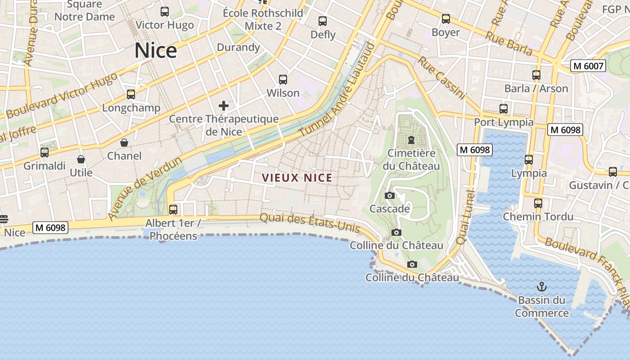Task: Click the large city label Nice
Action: [x=155, y=50]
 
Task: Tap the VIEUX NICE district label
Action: [x=297, y=178]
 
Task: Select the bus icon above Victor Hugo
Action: [x=165, y=12]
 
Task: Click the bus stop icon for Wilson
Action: [x=283, y=80]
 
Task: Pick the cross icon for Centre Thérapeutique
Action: [x=224, y=106]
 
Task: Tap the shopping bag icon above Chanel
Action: [x=124, y=143]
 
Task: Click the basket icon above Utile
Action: [x=81, y=159]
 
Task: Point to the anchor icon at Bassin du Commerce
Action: [x=542, y=286]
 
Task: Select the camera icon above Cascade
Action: [x=390, y=195]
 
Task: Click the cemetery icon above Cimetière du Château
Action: [x=411, y=140]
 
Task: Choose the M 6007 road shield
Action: [x=588, y=66]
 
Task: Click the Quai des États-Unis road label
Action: [x=310, y=222]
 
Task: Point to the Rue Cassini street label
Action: [x=441, y=77]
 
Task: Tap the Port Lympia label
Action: [x=504, y=122]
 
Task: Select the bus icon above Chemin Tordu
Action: [x=538, y=203]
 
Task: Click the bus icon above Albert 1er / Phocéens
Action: [x=173, y=210]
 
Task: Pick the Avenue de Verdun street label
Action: [x=144, y=188]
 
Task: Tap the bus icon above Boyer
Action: [x=446, y=19]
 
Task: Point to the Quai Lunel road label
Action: [x=466, y=217]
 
